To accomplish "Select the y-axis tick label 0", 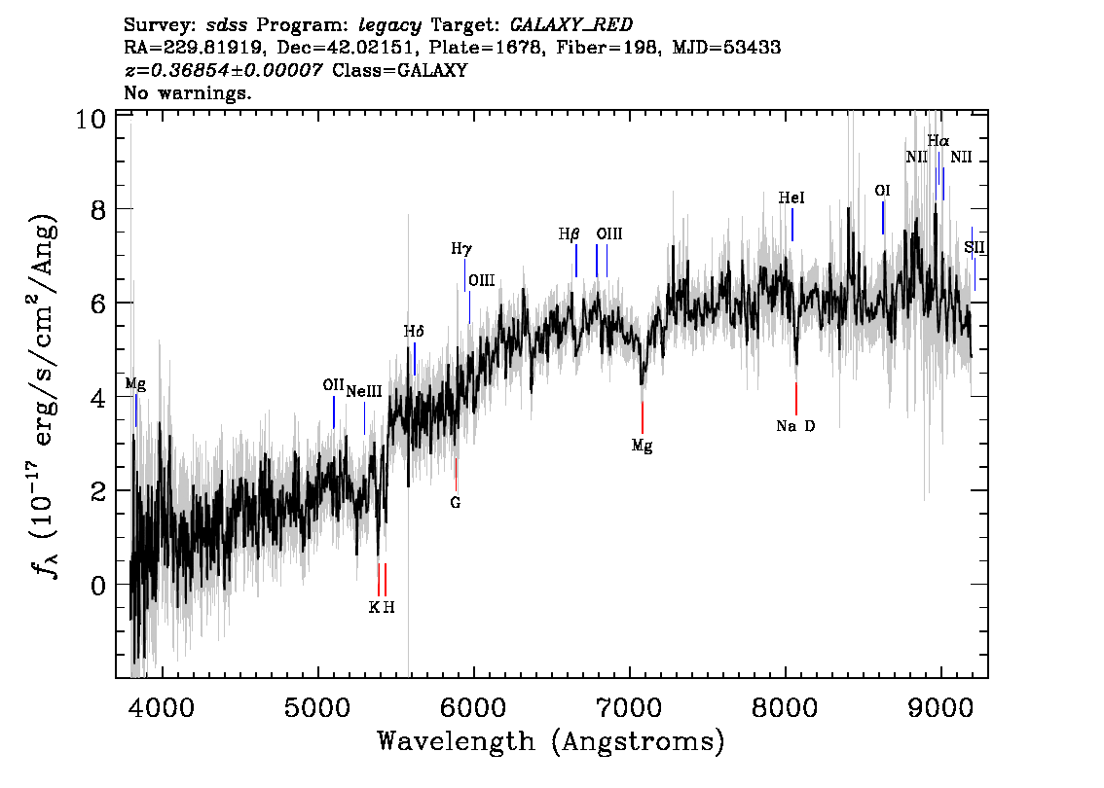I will point(96,585).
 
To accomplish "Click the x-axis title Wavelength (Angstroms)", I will point(551,741).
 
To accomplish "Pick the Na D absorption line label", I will point(794,426).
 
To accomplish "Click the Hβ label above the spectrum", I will point(569,234).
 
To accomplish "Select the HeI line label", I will point(791,198).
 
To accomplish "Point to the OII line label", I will point(333,385).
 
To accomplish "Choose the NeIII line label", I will point(363,391).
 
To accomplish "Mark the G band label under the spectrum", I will point(455,503).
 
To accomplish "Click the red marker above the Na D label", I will point(795,399).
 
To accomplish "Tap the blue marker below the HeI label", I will point(791,225).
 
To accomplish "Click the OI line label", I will point(882,191).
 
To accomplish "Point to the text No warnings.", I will point(188,94).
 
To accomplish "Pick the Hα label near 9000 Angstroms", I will point(938,141).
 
